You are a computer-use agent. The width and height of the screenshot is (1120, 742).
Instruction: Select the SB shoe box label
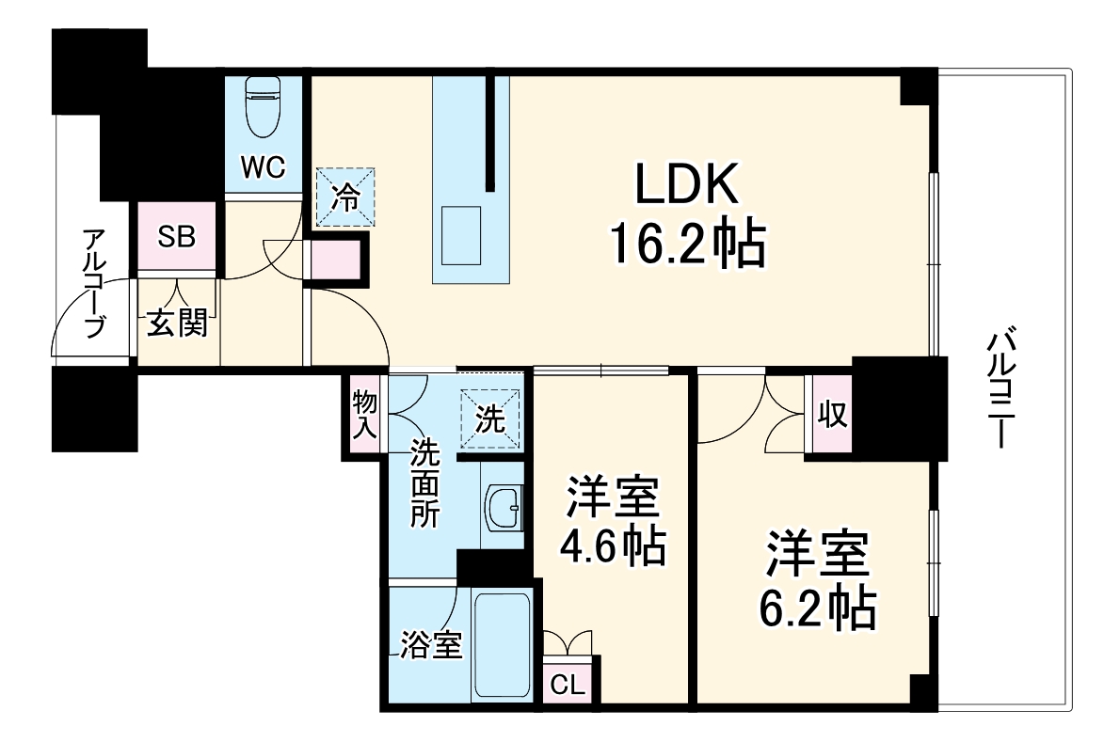pos(177,237)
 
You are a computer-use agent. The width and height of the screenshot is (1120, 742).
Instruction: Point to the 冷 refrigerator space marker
pos(346,197)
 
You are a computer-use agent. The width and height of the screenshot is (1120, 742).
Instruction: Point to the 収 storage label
pos(831,414)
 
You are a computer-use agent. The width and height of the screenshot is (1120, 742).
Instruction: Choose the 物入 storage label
pos(364,416)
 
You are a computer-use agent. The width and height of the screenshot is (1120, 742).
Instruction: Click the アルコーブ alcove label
pos(92,293)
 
